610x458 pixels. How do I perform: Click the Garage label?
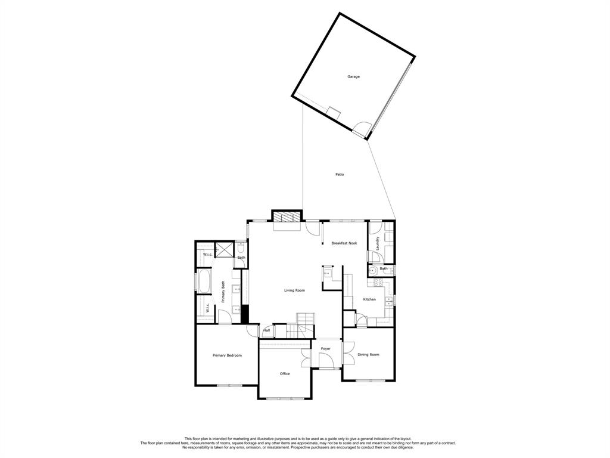click(353, 76)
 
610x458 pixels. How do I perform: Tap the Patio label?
click(339, 174)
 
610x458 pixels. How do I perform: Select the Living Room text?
click(294, 290)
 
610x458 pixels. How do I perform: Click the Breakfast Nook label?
click(344, 243)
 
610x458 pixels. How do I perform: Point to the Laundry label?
click(378, 243)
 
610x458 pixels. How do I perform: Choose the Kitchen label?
click(369, 299)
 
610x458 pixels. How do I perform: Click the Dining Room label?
click(368, 355)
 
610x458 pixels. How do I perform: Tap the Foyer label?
click(325, 348)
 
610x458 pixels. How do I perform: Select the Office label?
click(285, 374)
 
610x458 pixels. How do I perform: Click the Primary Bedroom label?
click(227, 355)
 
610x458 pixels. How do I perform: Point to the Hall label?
click(267, 330)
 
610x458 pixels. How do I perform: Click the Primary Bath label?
click(223, 293)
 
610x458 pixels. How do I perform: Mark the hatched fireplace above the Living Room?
click(285, 217)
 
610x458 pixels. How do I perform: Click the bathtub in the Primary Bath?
click(204, 281)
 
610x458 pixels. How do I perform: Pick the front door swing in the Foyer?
click(326, 360)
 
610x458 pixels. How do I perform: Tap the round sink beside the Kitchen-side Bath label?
click(374, 269)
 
